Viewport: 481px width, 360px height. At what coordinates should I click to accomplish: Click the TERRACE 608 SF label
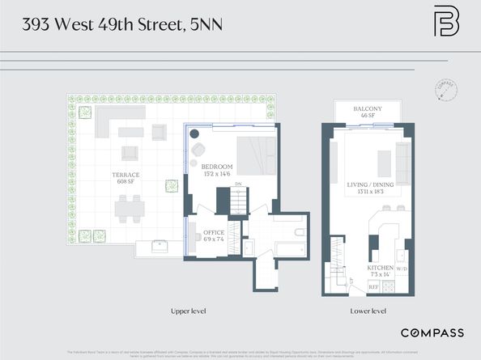(126, 178)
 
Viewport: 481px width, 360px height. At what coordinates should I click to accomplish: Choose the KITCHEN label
(381, 267)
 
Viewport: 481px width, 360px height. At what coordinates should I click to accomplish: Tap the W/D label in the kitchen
(402, 268)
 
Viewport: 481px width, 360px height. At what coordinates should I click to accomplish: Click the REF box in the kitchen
(374, 286)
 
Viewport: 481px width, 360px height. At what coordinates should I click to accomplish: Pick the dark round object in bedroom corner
(196, 146)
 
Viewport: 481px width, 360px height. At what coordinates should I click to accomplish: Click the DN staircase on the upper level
(237, 201)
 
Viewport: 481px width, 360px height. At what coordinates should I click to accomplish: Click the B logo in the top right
(445, 23)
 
